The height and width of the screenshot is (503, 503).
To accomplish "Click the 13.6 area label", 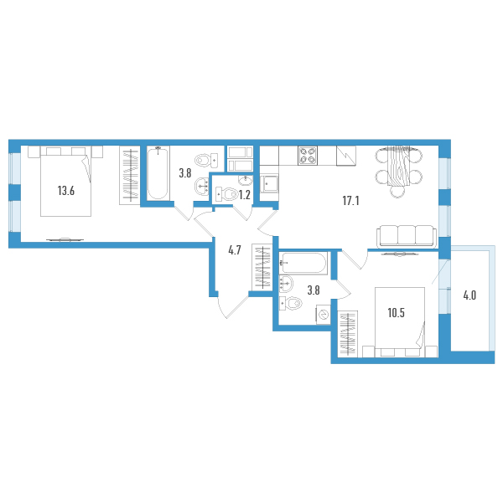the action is point(66,191).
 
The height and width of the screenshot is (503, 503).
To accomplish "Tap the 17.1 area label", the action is point(350,201).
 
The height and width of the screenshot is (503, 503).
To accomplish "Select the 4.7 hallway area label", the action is point(235,250).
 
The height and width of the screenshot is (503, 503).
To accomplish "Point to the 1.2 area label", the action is point(245,195).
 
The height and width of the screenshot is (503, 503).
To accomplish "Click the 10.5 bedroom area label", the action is point(396,312).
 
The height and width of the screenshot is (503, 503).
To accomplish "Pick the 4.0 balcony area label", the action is point(469,295).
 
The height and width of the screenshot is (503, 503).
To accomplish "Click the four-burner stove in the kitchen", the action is point(308,156).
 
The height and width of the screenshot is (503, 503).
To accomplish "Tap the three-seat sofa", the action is point(407,236).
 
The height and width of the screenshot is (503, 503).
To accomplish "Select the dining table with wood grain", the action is point(398,167).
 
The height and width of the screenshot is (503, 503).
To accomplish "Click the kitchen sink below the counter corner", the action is point(269,183).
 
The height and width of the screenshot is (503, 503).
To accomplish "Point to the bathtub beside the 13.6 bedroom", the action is point(158,173).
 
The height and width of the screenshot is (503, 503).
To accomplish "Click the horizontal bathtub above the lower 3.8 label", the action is point(303,263).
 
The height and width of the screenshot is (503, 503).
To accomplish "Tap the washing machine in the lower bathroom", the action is point(324,315).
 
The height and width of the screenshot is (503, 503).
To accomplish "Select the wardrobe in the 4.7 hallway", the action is point(262,268).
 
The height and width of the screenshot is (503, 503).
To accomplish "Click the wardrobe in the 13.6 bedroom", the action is point(130,176).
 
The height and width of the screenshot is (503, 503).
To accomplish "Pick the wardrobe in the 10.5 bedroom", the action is point(348,334).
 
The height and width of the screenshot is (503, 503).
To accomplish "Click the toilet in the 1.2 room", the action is point(226,194).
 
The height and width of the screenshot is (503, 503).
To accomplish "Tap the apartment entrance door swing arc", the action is point(222,307).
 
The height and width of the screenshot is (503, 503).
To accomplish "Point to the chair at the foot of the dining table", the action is point(398,192).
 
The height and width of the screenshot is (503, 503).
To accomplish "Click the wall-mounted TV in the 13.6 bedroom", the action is point(65,239).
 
